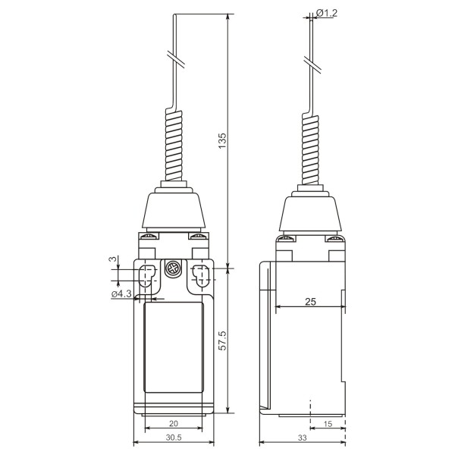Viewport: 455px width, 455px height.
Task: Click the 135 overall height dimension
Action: [222, 141]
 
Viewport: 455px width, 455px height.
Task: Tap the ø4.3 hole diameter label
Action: [121, 293]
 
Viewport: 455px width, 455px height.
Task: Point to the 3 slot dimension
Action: [112, 260]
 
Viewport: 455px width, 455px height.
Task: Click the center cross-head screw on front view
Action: [172, 268]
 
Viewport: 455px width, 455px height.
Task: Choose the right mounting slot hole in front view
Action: [200, 278]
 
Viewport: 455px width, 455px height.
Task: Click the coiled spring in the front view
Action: [173, 144]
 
